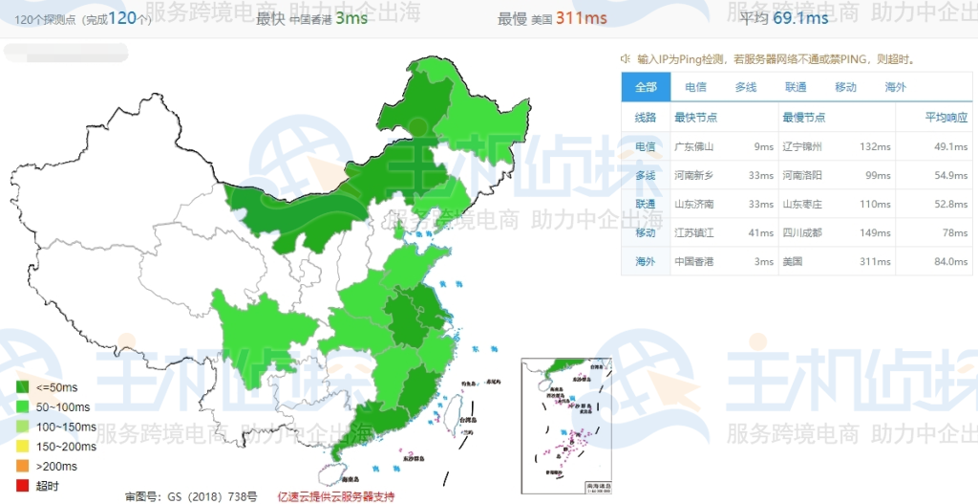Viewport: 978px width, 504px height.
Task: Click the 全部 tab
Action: click(646, 87)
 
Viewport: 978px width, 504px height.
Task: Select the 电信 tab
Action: click(695, 87)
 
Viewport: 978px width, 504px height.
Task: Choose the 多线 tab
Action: click(745, 87)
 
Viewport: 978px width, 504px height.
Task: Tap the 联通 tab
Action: click(796, 87)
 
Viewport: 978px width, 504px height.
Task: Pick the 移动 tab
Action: click(845, 87)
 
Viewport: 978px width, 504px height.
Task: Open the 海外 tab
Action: click(895, 87)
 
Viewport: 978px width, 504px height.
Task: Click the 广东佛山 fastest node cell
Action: click(694, 146)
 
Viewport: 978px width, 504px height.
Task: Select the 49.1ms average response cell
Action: click(951, 146)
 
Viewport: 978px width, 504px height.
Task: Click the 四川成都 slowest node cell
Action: click(802, 232)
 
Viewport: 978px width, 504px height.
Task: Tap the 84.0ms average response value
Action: click(951, 261)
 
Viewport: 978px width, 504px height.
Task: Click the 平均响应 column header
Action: click(946, 117)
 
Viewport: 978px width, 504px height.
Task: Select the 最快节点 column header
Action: click(695, 117)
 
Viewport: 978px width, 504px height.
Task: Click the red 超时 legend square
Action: click(22, 485)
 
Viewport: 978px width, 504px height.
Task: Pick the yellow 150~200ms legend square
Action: click(22, 446)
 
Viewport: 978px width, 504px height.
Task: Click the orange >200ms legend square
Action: click(22, 466)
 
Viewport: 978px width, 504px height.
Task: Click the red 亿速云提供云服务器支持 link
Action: click(335, 496)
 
